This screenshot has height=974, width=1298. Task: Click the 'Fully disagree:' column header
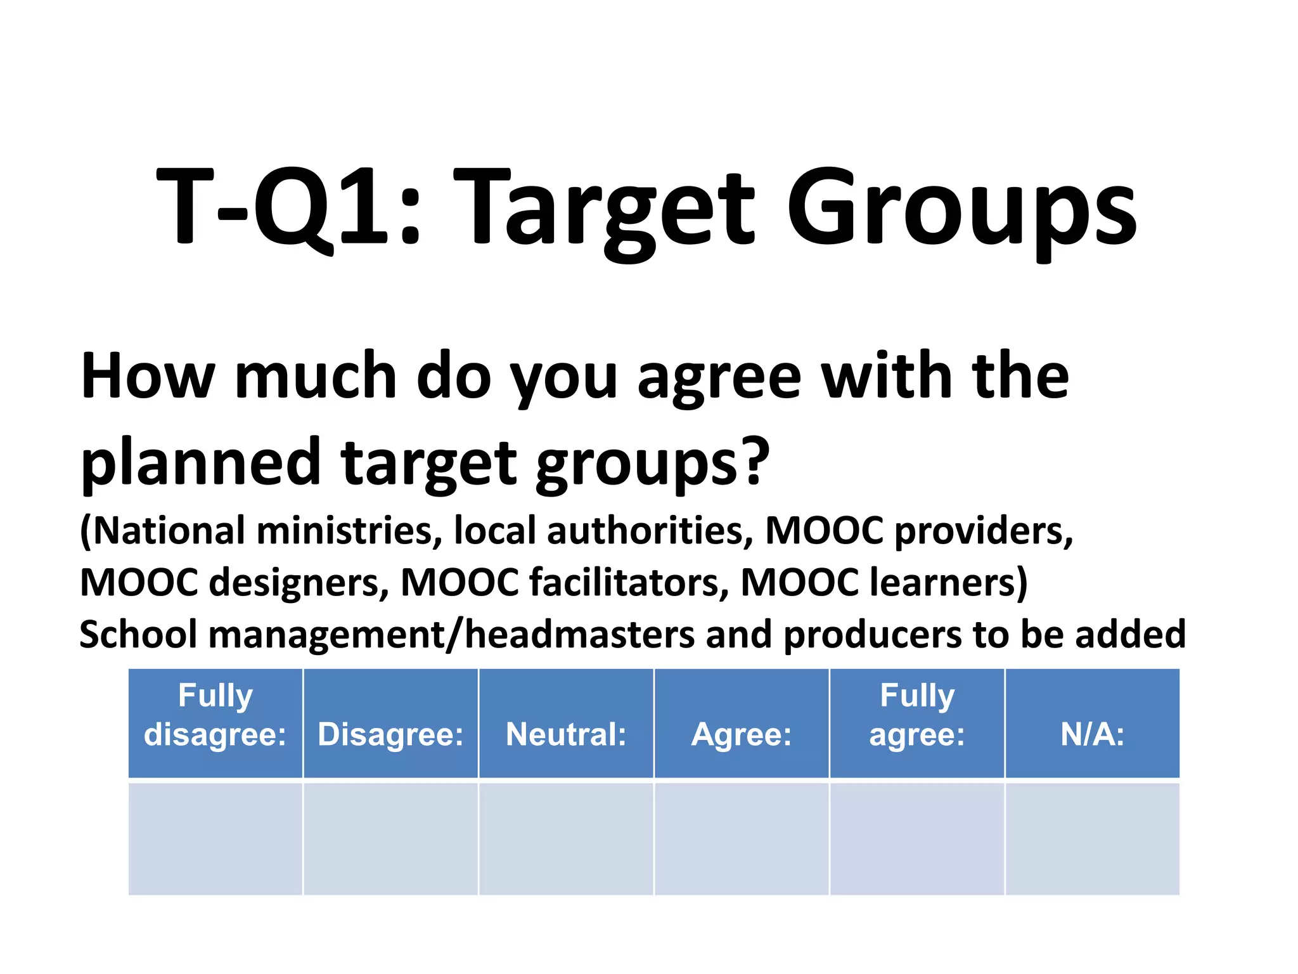pos(215,722)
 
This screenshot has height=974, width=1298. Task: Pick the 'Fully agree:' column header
pos(916,722)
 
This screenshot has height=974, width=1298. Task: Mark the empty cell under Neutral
pos(566,838)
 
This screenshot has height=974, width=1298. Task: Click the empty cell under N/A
pos(1092,838)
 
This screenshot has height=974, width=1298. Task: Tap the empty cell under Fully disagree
pos(215,838)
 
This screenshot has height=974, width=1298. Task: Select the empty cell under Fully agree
pos(916,838)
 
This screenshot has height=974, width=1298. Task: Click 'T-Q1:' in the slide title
pos(288,206)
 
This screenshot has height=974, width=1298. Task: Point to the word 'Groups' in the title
pos(961,209)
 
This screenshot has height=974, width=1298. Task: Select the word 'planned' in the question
pos(202,463)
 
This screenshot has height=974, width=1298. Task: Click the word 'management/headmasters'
pos(451,634)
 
